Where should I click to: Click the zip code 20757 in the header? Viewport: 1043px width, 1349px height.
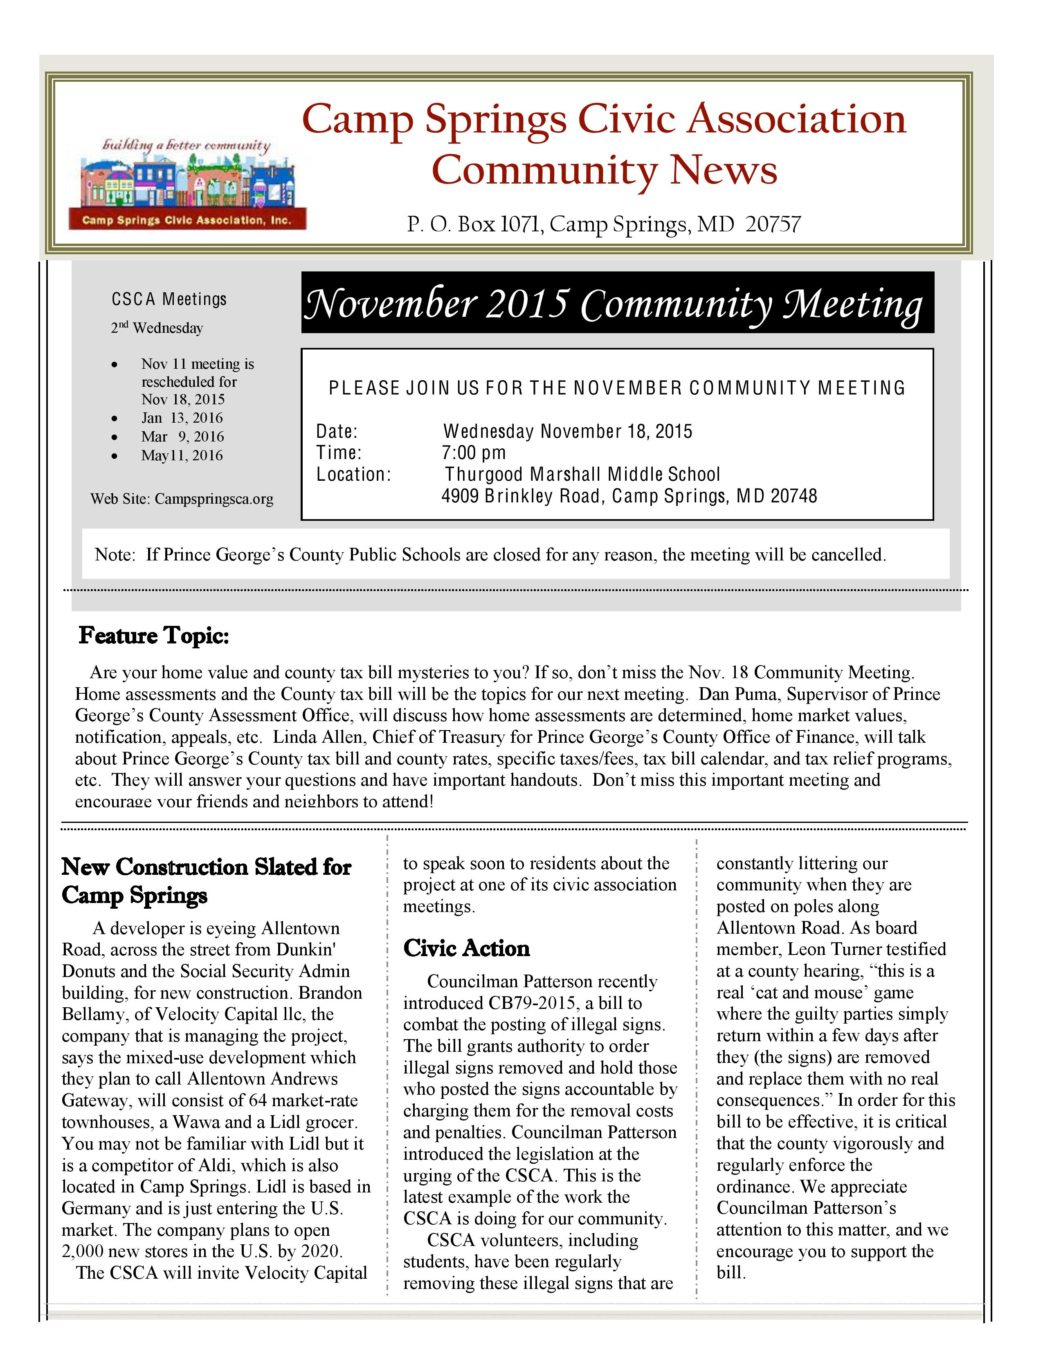click(773, 224)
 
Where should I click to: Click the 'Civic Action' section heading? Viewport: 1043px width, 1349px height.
click(467, 948)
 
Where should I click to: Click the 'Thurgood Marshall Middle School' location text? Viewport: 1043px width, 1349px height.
click(582, 474)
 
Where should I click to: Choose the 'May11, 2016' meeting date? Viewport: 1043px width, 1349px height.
click(182, 456)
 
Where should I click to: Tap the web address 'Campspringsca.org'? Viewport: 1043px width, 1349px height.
click(214, 499)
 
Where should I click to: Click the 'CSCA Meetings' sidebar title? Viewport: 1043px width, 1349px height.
click(169, 300)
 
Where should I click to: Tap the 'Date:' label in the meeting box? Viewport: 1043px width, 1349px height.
click(337, 431)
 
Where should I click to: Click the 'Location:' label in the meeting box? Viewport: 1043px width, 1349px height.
click(353, 474)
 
